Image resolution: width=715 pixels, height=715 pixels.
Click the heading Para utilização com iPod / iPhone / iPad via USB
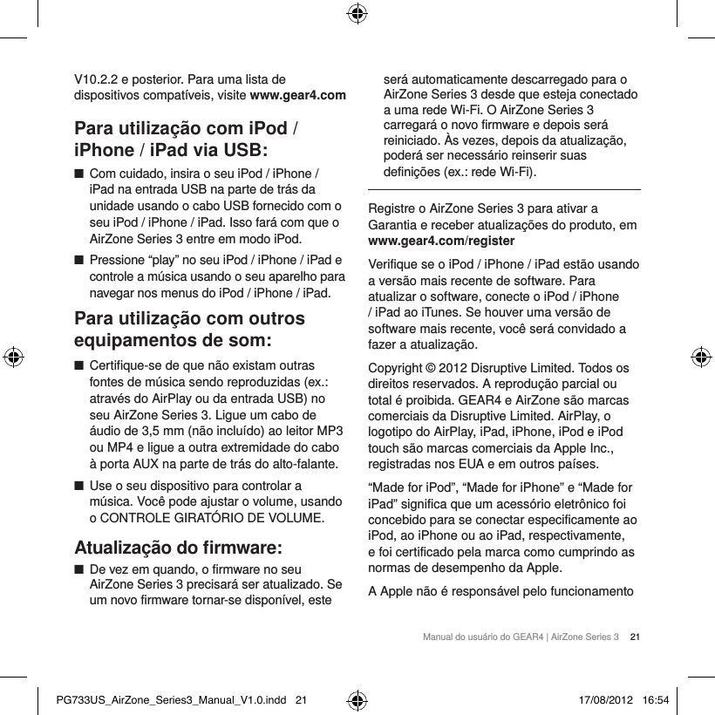coord(188,137)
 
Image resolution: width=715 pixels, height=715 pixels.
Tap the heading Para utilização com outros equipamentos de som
coord(190,328)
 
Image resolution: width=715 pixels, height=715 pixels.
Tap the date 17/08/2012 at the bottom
coord(607,699)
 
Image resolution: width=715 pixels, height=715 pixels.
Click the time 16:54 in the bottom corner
coord(656,699)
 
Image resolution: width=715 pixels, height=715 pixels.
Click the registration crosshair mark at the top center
coord(357,13)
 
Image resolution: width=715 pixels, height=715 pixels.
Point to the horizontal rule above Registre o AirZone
coord(505,189)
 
